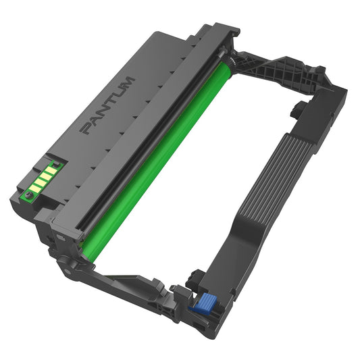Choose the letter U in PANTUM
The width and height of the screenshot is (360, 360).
tap(119, 93)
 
